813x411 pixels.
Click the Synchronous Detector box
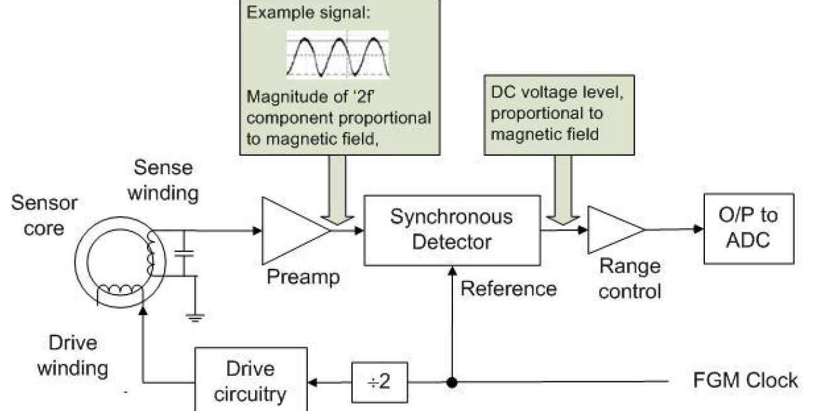451,229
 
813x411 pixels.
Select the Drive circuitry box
250,380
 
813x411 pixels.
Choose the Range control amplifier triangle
613,230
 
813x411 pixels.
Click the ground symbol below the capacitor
195,318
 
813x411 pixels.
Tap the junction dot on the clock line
451,381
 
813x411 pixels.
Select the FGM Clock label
745,380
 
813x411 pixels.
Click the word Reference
508,288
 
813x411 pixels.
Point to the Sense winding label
163,180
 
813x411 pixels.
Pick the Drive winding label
72,355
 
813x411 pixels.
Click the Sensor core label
45,215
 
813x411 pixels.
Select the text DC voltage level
543,92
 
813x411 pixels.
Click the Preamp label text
303,277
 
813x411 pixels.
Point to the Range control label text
630,278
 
